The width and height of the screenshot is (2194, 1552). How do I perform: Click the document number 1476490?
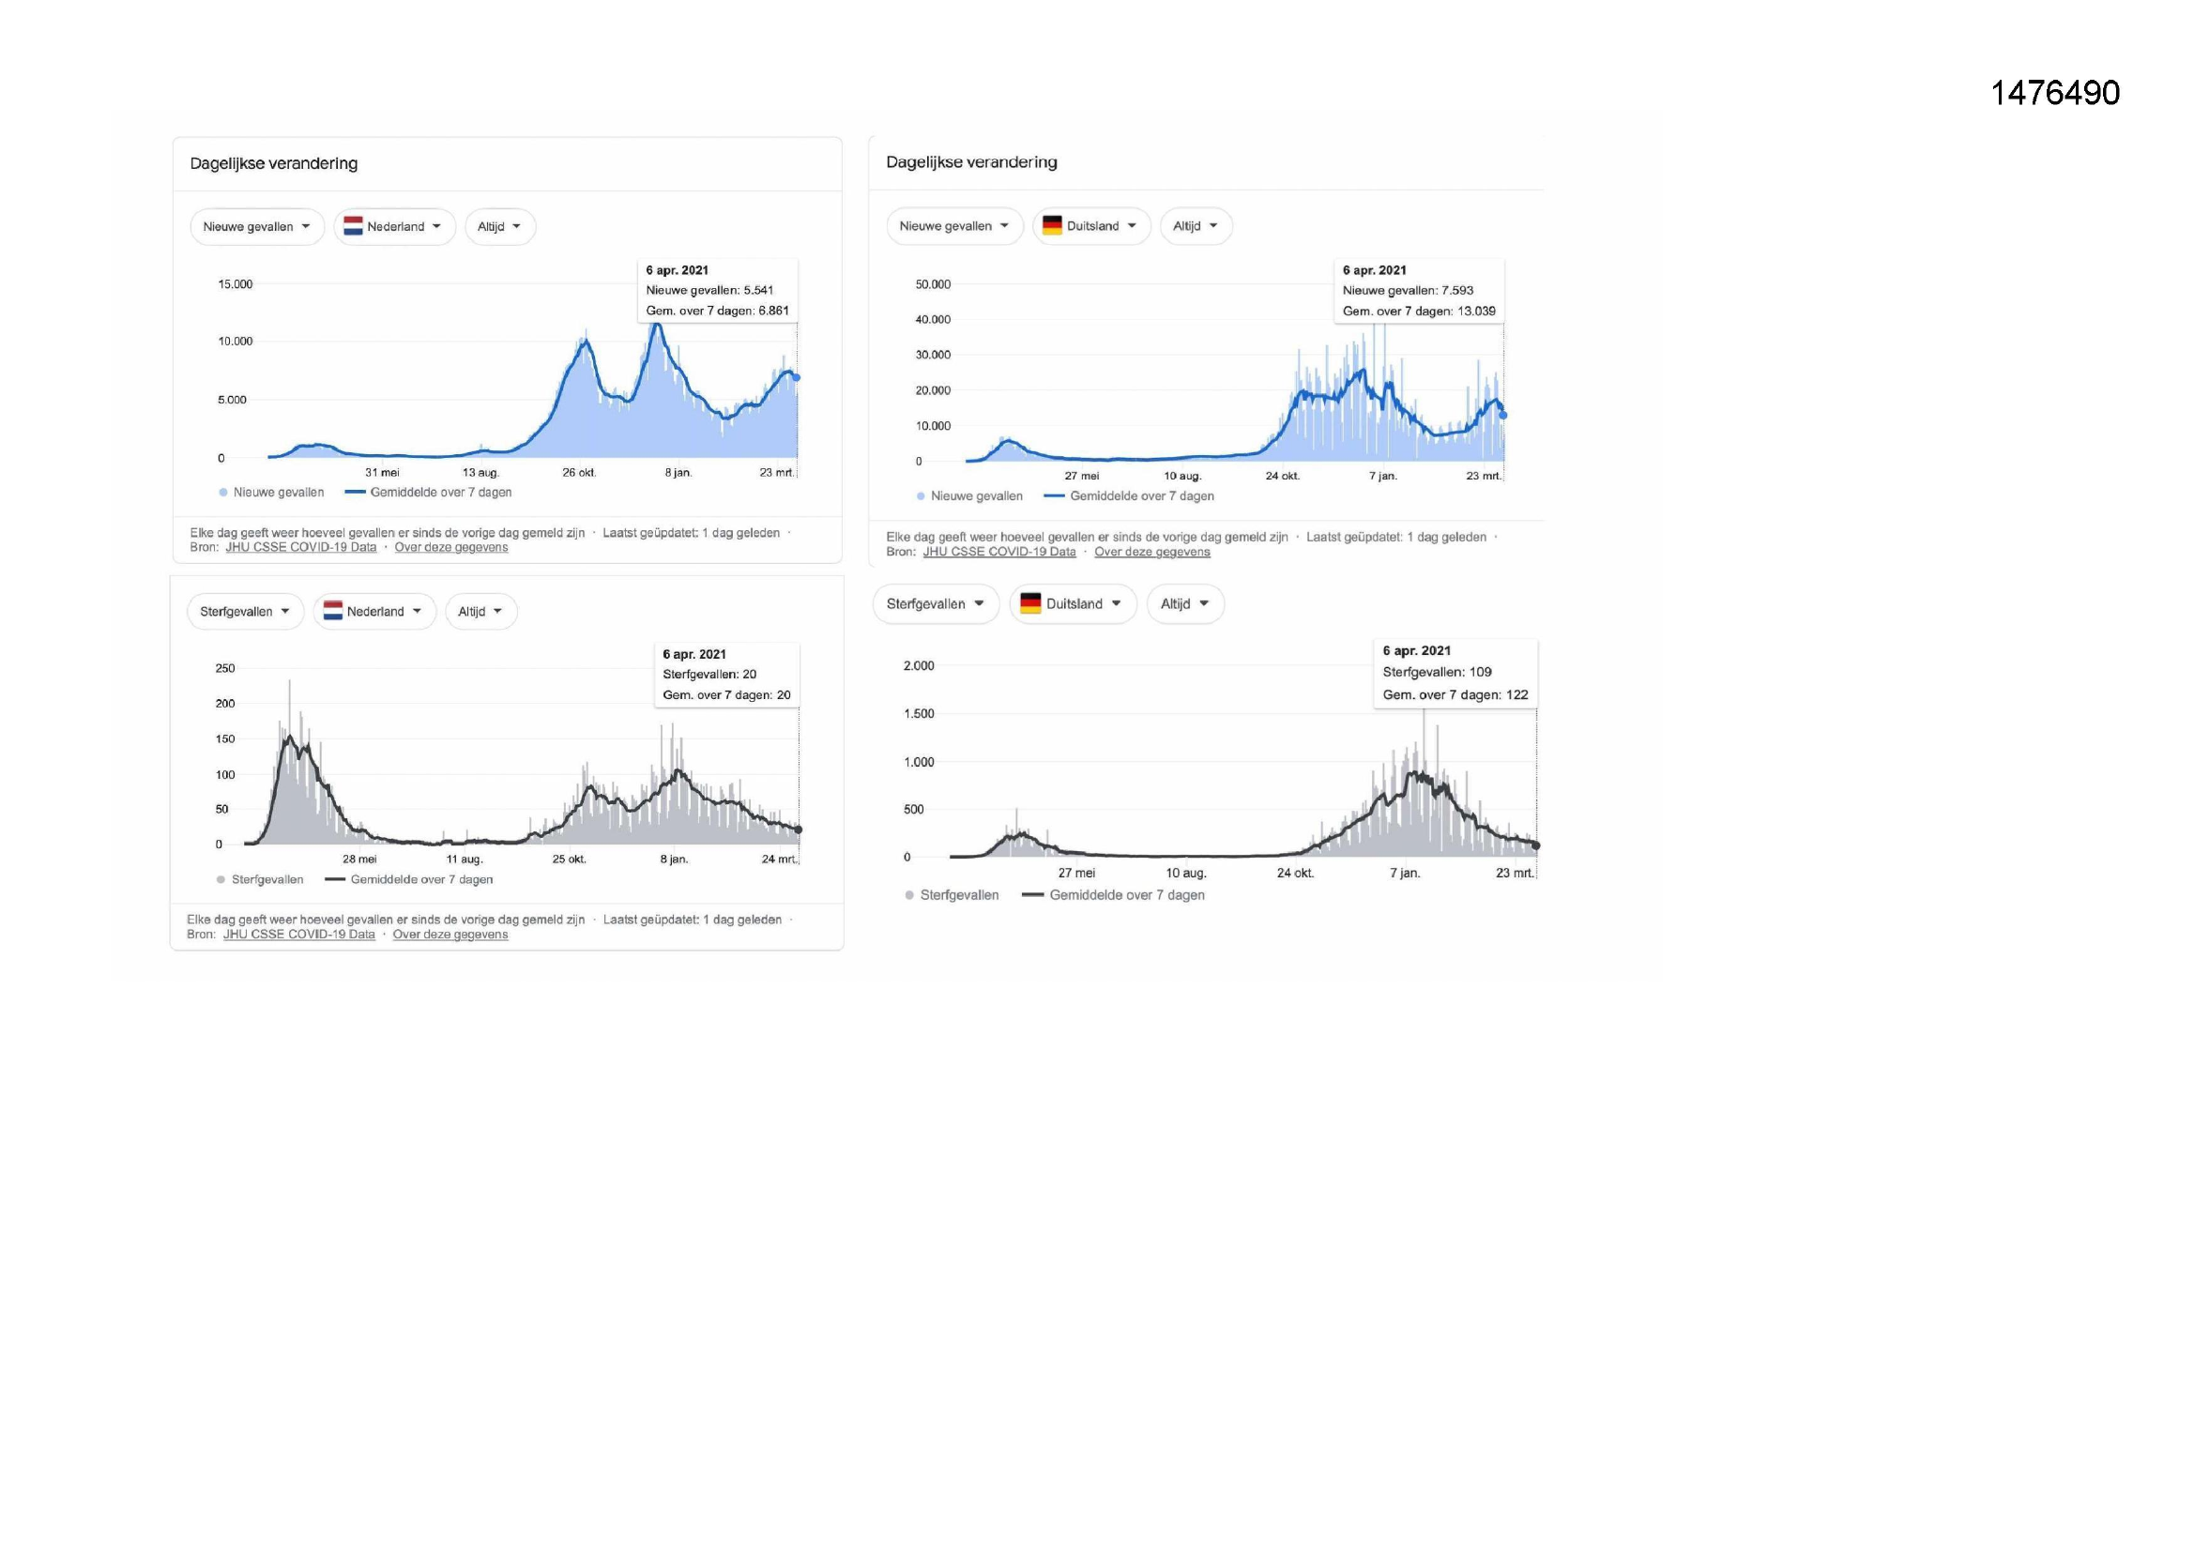click(x=2054, y=93)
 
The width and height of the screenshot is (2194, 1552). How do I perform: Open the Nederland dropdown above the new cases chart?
click(x=395, y=227)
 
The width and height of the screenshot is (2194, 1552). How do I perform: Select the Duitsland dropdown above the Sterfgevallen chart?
click(x=1073, y=604)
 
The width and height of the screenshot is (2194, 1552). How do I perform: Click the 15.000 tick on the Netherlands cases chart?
click(x=235, y=283)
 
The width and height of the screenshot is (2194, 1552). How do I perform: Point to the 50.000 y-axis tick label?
click(x=933, y=283)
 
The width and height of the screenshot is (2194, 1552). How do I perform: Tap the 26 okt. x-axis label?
click(x=579, y=472)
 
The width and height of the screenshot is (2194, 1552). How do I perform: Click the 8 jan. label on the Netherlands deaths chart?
click(x=674, y=860)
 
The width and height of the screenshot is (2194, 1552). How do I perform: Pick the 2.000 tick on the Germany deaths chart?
click(x=919, y=666)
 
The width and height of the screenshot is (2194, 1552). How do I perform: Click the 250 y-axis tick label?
click(x=224, y=668)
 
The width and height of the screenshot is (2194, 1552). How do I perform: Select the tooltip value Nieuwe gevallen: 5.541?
click(x=710, y=291)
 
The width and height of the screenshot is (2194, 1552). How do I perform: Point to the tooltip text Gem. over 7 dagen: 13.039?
click(x=1419, y=312)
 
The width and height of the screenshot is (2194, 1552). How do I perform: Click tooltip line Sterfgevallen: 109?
click(x=1436, y=672)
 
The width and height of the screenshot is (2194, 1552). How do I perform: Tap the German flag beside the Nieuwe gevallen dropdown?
click(x=1052, y=225)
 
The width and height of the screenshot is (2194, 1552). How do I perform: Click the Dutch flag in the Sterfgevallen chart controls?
click(x=332, y=611)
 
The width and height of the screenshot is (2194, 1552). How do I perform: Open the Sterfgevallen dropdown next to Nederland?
click(x=245, y=612)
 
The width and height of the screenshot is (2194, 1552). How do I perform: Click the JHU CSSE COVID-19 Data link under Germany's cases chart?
click(x=998, y=552)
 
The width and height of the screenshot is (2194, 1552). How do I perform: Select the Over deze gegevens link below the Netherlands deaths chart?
click(x=450, y=935)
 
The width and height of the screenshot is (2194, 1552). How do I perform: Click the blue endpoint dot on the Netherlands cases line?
click(x=796, y=377)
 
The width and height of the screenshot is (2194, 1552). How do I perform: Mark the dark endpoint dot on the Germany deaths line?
click(x=1535, y=845)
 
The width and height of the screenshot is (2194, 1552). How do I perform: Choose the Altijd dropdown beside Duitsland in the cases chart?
click(x=1196, y=226)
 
